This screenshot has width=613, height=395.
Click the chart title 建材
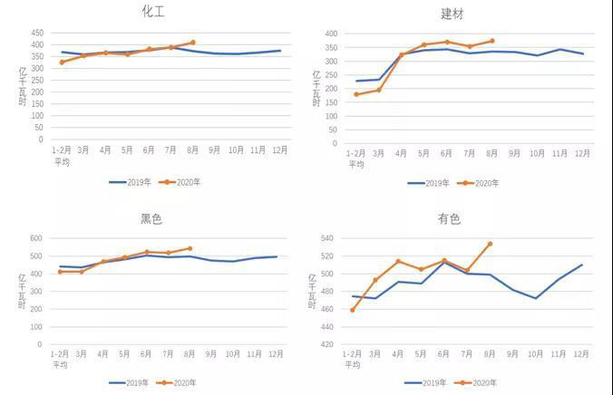[x=452, y=14]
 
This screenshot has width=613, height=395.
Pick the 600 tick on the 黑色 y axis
[x=36, y=238]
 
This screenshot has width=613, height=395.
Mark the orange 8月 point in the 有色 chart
[x=491, y=244]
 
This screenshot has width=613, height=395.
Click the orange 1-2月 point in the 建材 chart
[x=356, y=94]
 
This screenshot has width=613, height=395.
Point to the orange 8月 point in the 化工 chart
[x=193, y=43]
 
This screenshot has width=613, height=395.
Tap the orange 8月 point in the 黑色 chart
[x=190, y=248]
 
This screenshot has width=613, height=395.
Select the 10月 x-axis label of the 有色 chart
[x=536, y=354]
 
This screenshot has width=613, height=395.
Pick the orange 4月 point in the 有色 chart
[x=399, y=262]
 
